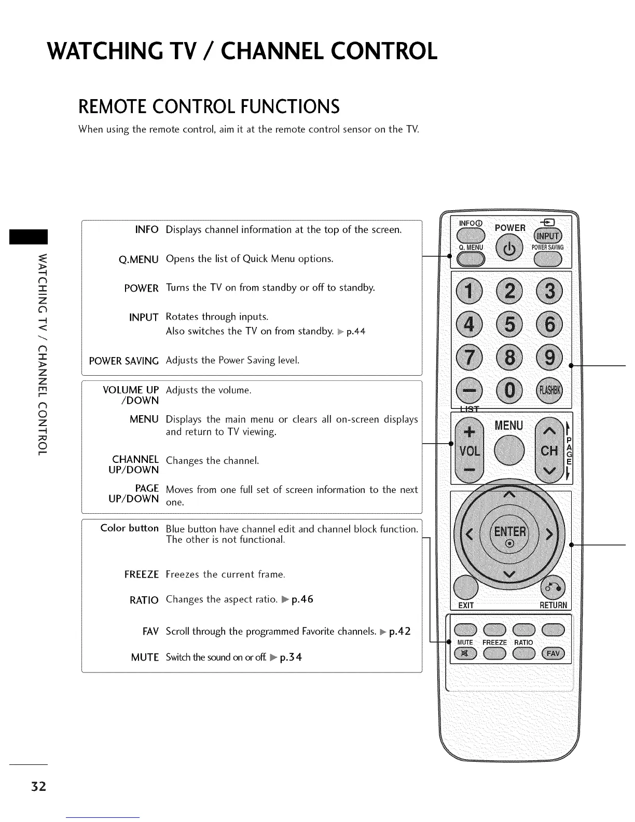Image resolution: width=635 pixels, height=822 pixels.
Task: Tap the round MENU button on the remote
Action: [509, 449]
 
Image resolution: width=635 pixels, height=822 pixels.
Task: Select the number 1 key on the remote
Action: [468, 291]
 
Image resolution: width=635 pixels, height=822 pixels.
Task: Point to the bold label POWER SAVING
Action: [124, 361]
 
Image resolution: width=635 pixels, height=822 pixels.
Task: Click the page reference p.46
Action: [302, 599]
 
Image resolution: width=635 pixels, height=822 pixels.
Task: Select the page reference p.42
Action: [399, 632]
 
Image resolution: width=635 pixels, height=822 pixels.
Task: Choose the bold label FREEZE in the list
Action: [141, 574]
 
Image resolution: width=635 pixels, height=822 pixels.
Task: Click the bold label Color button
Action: [130, 528]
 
